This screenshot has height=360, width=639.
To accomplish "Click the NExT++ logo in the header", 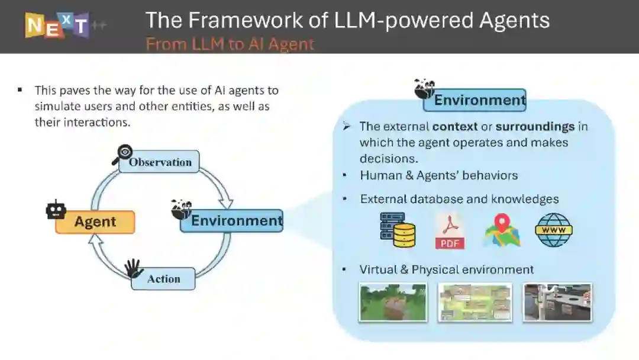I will [x=57, y=25].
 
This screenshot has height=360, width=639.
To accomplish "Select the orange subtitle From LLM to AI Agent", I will [x=230, y=44].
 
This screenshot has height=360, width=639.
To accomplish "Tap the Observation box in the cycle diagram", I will [x=159, y=162].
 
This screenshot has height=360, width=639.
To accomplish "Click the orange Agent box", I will [x=95, y=222].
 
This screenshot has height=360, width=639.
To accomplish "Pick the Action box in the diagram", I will [x=163, y=279].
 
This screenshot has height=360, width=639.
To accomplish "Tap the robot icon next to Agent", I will [x=56, y=210].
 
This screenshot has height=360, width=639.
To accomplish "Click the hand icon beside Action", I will [x=134, y=268].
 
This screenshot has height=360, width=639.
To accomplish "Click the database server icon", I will [x=397, y=230].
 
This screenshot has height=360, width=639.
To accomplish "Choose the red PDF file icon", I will [x=450, y=231].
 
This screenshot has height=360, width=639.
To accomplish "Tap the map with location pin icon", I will [x=502, y=230].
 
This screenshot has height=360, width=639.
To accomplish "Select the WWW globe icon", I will [x=554, y=230].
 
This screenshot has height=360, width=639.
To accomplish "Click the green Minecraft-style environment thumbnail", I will [x=393, y=302].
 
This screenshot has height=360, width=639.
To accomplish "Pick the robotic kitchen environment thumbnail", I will [x=557, y=302].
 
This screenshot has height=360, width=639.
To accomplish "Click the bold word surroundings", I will [x=535, y=126].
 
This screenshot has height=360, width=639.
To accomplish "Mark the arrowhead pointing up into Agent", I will [x=96, y=240].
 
